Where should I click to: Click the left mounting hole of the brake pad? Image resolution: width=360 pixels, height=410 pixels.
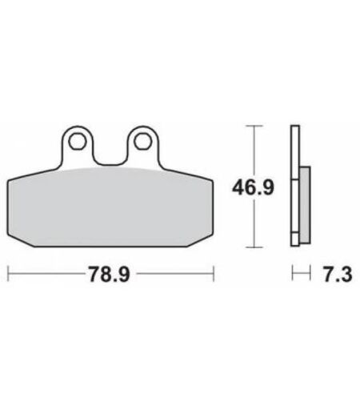[x=78, y=142]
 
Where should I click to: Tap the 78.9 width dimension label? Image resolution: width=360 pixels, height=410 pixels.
[x=110, y=274]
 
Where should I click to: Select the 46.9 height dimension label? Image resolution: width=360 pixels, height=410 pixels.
[x=253, y=187]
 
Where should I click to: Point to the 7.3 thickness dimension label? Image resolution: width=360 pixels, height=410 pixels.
[x=338, y=274]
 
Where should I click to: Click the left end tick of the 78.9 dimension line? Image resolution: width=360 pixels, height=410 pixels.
[x=8, y=273]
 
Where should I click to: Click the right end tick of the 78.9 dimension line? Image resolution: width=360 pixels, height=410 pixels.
[x=214, y=273]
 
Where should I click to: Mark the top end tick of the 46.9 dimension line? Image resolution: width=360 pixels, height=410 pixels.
[x=254, y=126]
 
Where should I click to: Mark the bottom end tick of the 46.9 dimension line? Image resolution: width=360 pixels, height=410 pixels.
[x=254, y=247]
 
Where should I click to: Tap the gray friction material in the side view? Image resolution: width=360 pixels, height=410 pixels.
[x=305, y=205]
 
